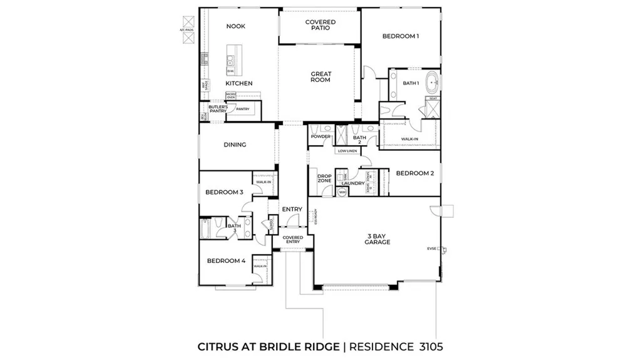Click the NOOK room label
point(236,26)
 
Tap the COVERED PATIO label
point(320,25)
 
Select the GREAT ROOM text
point(321,77)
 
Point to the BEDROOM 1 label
point(401,36)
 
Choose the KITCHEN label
point(239,83)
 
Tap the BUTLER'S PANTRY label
point(217,109)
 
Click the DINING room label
point(235,145)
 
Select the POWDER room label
point(320,136)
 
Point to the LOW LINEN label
point(347,151)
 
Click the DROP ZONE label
point(324,179)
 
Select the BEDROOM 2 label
point(414,173)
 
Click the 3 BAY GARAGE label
point(378,239)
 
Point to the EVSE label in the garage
point(431,249)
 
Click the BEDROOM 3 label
point(224,192)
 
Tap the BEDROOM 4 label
point(226,260)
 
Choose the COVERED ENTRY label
point(293,240)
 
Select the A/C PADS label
point(187,29)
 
